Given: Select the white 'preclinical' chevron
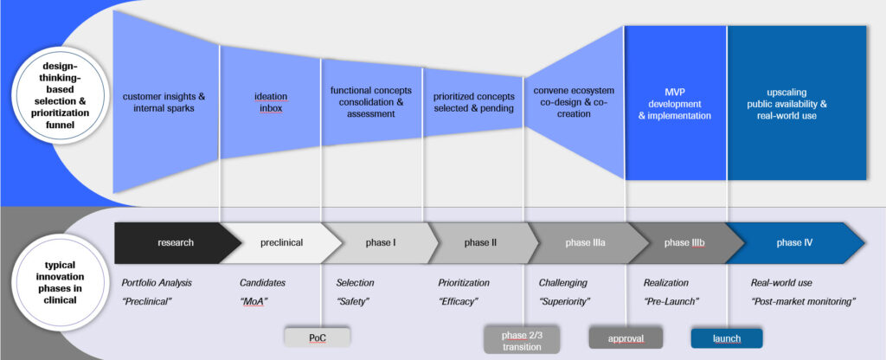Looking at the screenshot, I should point(279,243).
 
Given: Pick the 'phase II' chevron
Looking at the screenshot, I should point(481,243).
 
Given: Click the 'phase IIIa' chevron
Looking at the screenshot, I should point(584,243).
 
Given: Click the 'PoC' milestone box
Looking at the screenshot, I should point(318,337).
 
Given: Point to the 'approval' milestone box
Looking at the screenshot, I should point(626,337).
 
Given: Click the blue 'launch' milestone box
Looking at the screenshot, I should point(727,337).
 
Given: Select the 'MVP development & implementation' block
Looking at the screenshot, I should point(675,103).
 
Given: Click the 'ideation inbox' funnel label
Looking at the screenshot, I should point(270,103).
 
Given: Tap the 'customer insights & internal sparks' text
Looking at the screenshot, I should point(164,103).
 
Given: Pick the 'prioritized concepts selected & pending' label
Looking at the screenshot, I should point(473,103).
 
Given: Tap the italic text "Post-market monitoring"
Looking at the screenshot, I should point(802,300).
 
